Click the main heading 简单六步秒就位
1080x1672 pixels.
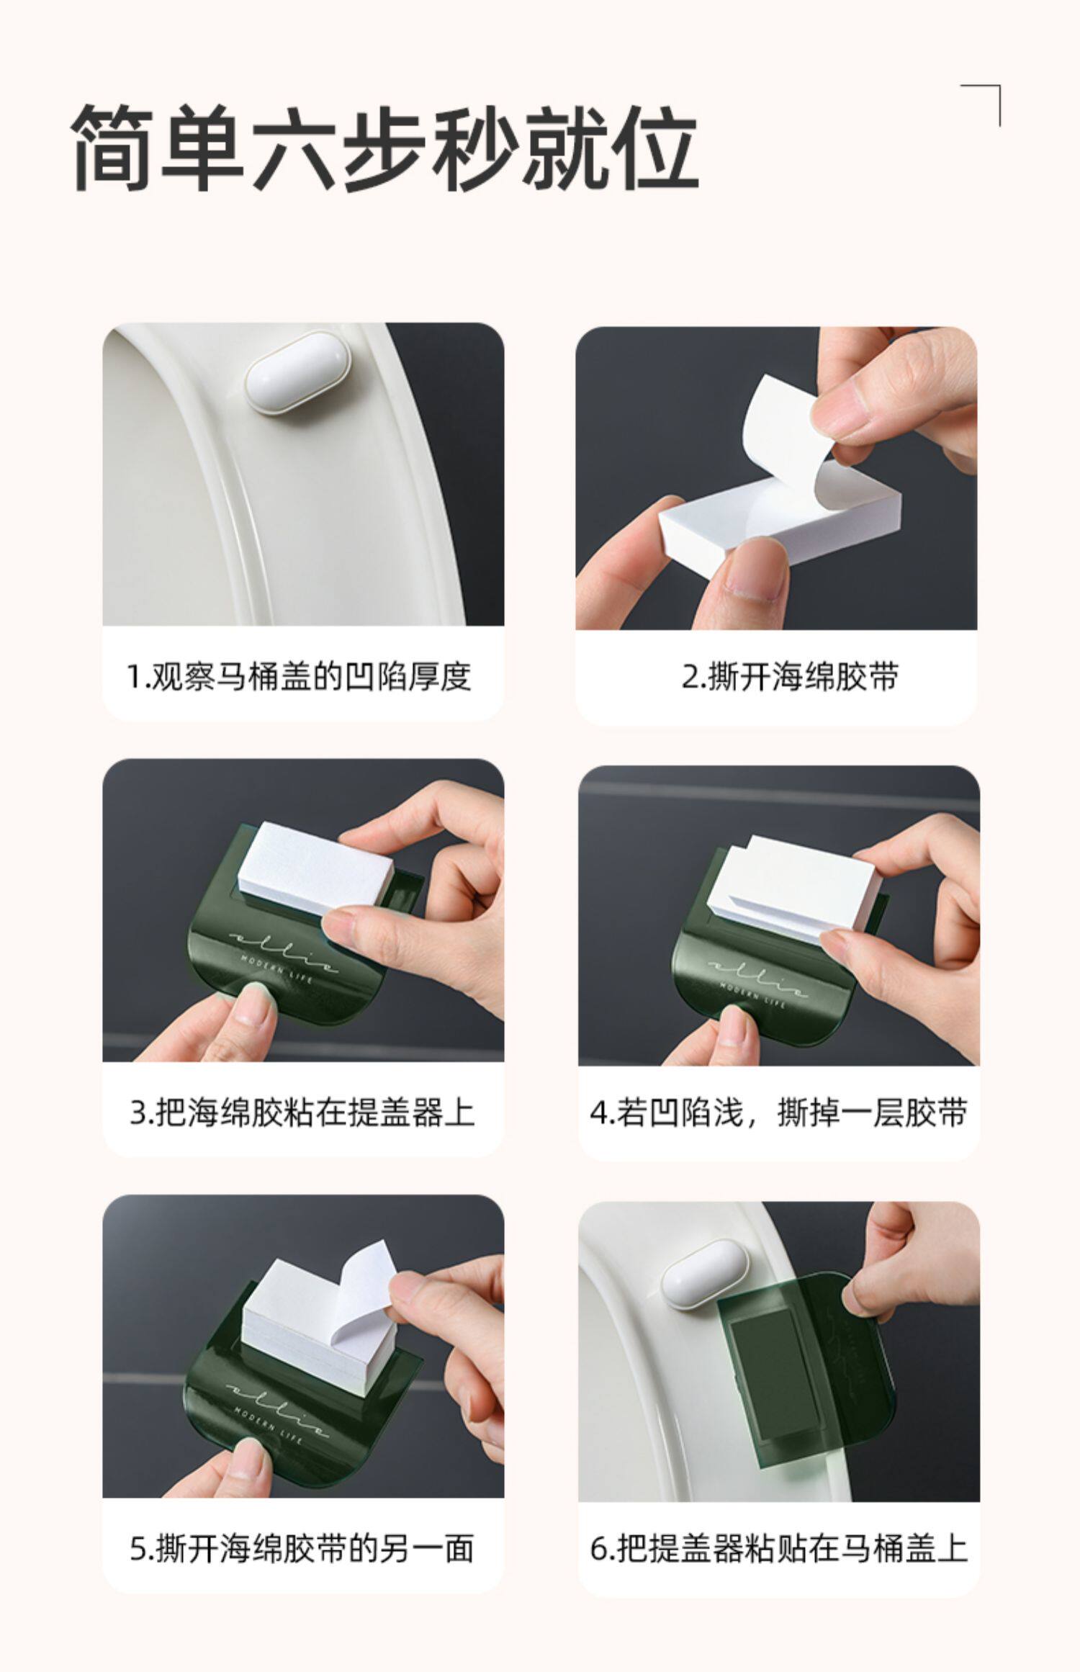386,148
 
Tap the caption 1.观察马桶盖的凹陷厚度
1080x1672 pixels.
299,677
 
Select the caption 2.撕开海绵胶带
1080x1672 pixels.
790,677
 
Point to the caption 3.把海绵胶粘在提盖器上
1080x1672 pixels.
302,1113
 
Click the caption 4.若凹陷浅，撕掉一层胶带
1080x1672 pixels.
778,1113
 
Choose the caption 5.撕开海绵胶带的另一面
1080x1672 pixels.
302,1549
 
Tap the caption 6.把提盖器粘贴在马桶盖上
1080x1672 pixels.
779,1549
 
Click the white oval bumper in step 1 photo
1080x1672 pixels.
297,382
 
